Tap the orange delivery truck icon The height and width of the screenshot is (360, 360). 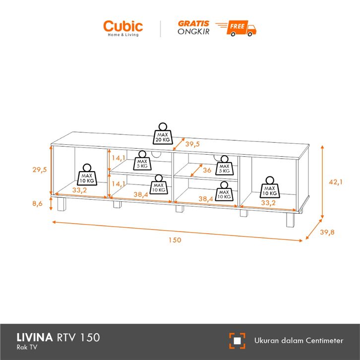[x=240, y=27]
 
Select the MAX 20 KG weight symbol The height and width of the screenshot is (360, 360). [x=162, y=133]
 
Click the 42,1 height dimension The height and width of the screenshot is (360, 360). [x=336, y=182]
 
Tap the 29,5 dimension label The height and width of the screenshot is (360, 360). [x=39, y=170]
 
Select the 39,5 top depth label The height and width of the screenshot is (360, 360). [x=192, y=144]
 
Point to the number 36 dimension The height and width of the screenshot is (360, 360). [x=207, y=171]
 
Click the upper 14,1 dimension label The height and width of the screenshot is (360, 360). [x=119, y=158]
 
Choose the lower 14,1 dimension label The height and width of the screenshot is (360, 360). [x=119, y=183]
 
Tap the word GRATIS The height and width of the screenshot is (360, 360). [x=193, y=23]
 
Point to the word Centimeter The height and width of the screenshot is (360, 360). [x=321, y=341]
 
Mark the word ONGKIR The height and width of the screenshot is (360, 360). [x=193, y=31]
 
